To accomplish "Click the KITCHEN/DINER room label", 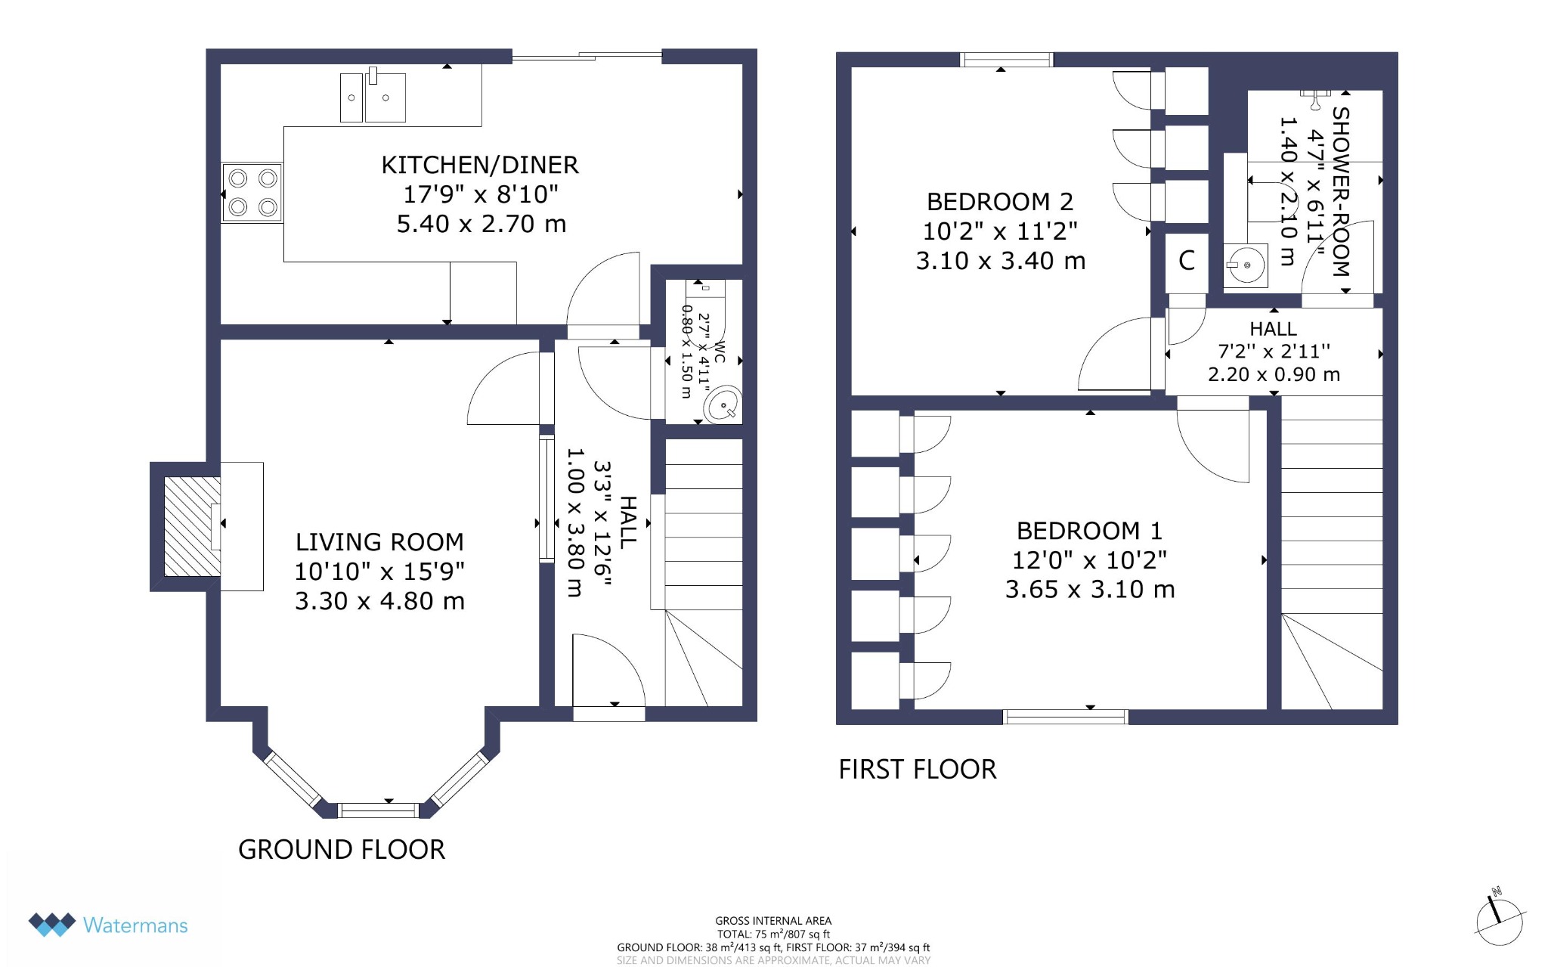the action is [480, 165].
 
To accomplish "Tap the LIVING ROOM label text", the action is [379, 542].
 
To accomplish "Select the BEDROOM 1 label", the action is [1089, 531].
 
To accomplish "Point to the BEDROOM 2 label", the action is [1000, 202].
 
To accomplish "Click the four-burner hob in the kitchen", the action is [252, 193].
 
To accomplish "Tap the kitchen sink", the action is [373, 95].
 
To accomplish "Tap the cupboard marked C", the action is [1186, 262].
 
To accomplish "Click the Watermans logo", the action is [108, 925].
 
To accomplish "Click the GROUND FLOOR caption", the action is [342, 850].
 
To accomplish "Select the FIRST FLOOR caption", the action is [918, 770].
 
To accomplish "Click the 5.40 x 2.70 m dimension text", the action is [481, 224].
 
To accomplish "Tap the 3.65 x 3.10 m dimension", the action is [1090, 590].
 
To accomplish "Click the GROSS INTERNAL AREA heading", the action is [773, 921].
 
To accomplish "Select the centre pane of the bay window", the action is [379, 810].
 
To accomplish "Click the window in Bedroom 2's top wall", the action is [1006, 60].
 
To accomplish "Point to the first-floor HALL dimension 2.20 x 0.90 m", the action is [1274, 374].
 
